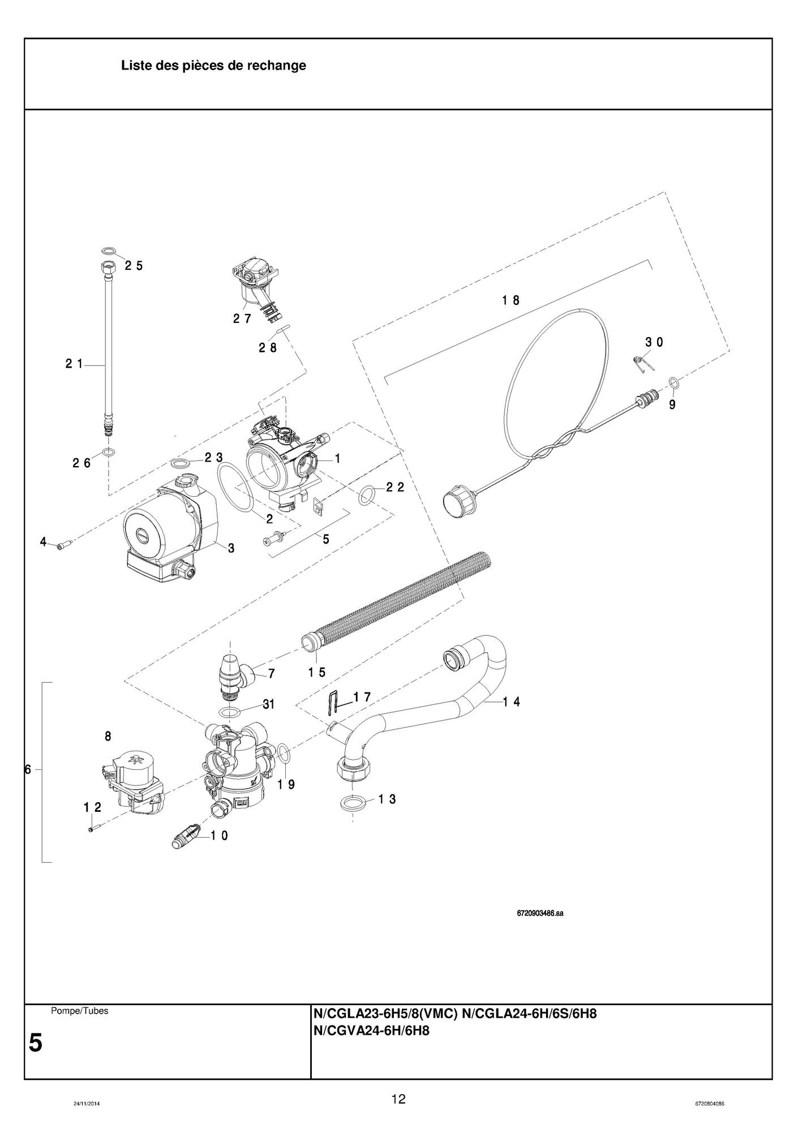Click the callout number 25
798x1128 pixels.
coord(134,265)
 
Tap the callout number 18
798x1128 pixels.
coord(510,300)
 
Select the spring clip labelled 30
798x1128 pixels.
coord(641,363)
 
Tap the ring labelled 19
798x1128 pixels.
coord(285,755)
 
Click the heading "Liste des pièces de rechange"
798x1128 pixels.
coord(213,66)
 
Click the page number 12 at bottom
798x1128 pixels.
coord(398,1099)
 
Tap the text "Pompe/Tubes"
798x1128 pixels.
coord(79,1011)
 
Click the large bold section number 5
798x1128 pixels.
coord(36,1043)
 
